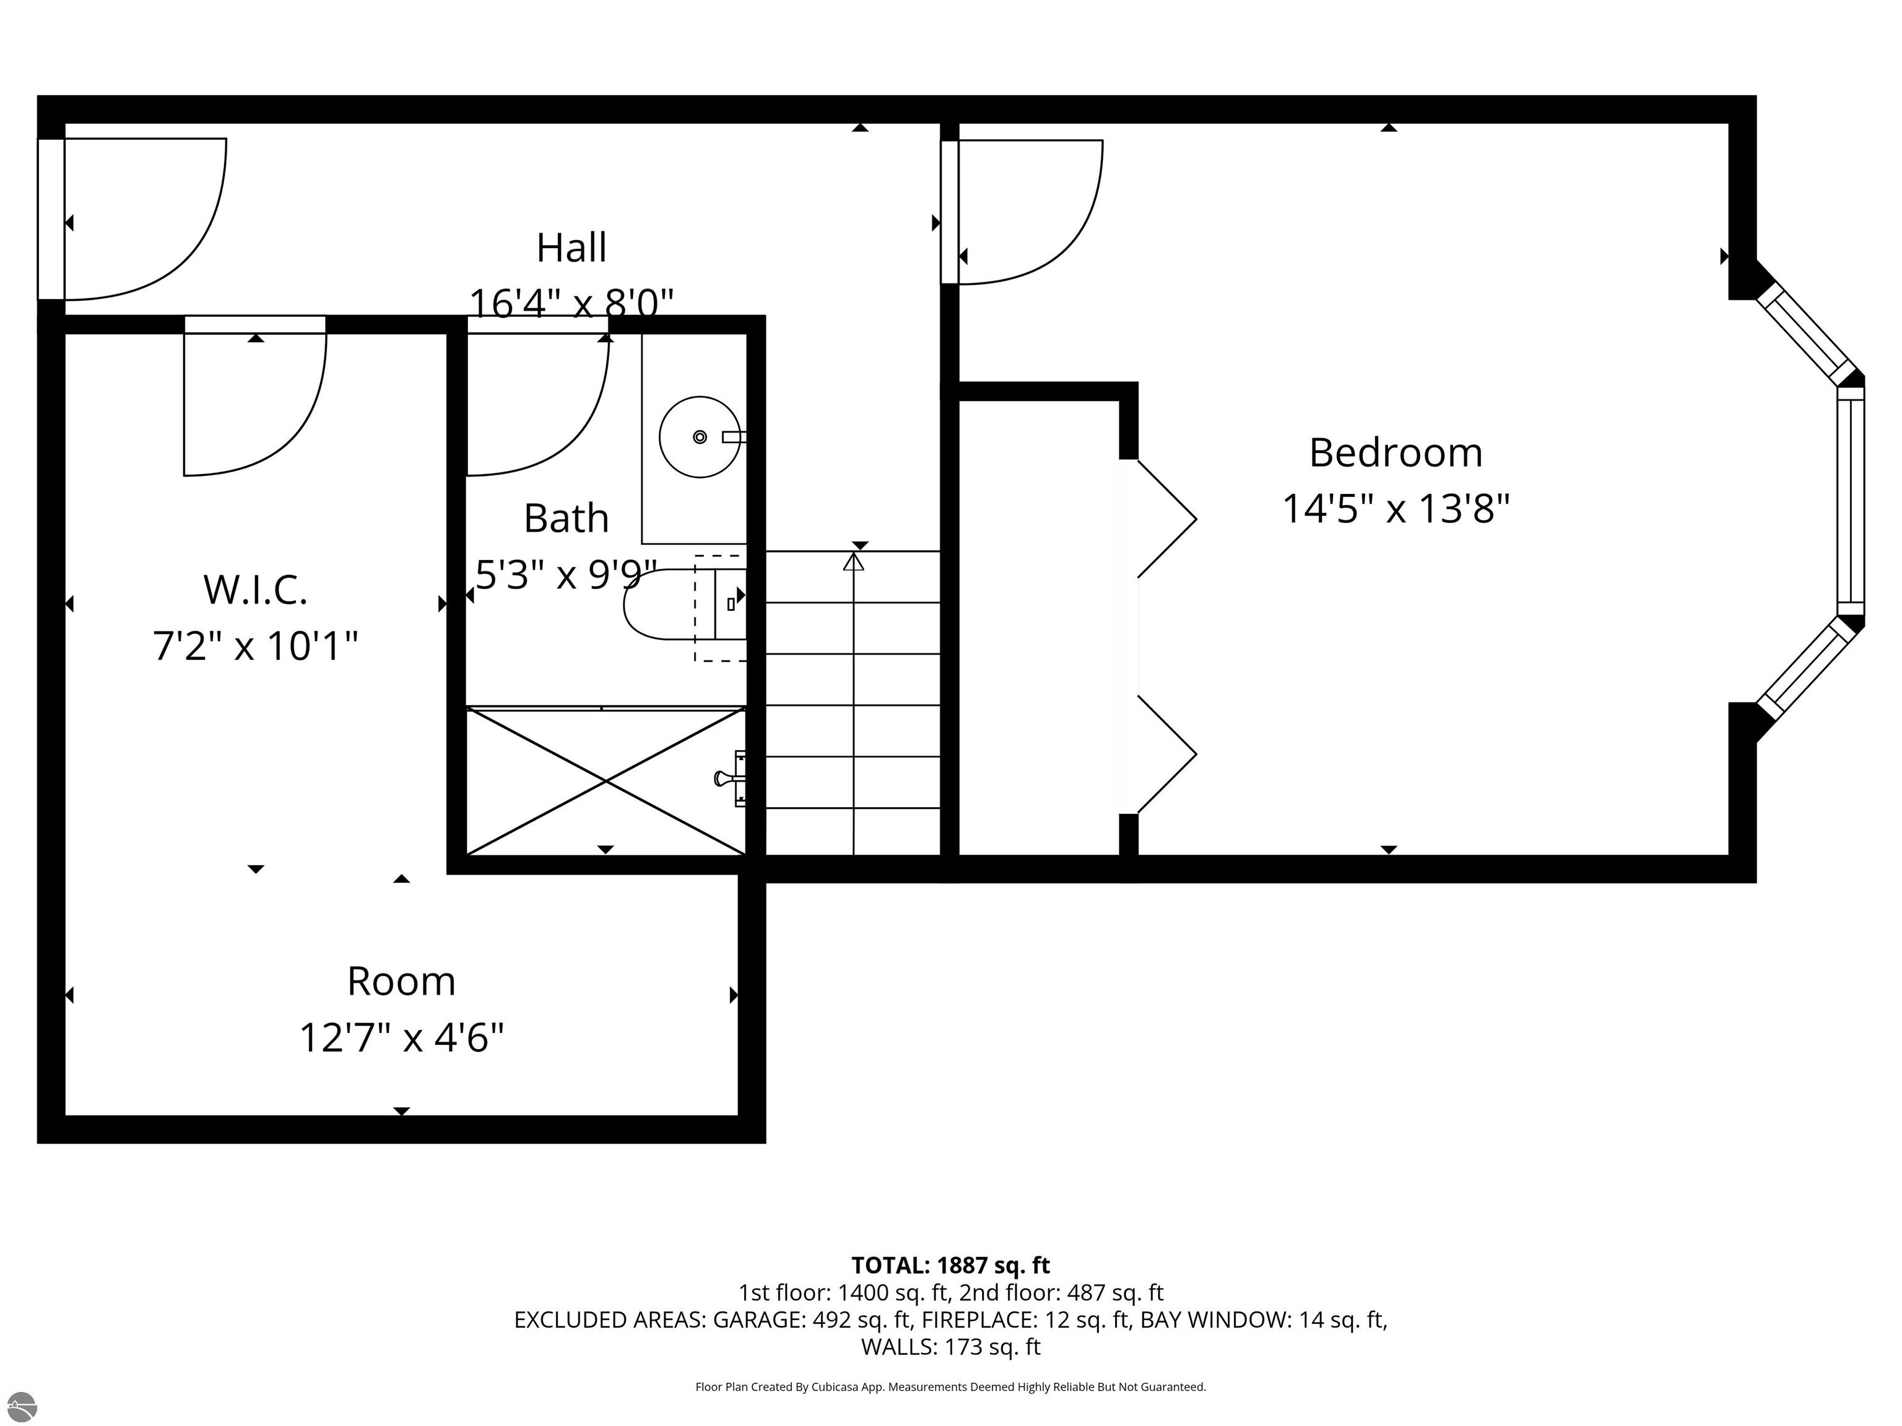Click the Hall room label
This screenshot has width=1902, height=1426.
(x=571, y=248)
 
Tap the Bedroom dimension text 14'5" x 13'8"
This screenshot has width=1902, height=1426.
(x=1395, y=508)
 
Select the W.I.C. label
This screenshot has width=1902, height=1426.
(x=255, y=590)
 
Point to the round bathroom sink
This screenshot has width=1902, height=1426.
(x=699, y=437)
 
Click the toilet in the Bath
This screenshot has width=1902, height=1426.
(x=679, y=604)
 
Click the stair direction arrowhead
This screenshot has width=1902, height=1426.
(x=853, y=562)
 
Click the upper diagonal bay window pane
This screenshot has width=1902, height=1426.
(x=1805, y=336)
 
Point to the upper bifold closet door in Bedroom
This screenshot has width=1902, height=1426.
(x=1167, y=518)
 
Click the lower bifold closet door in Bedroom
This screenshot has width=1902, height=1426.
(x=1167, y=754)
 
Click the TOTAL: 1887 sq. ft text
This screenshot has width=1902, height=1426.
(x=950, y=1265)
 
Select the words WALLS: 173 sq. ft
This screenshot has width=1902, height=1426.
(x=950, y=1346)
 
